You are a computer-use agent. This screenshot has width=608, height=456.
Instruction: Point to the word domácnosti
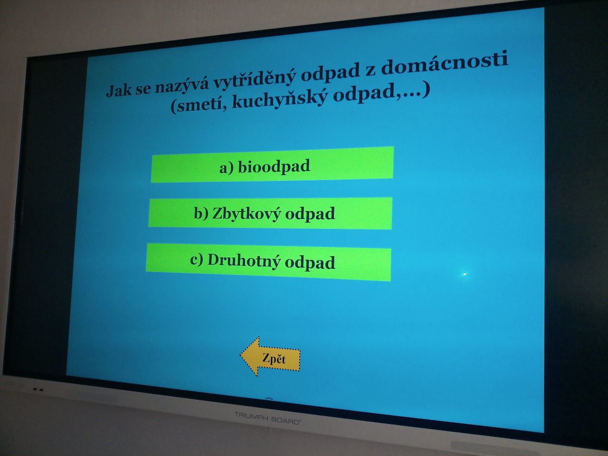click(x=444, y=65)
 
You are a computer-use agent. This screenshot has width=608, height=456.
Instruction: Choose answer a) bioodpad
click(x=272, y=164)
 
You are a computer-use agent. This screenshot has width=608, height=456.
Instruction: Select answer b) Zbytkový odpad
click(x=270, y=213)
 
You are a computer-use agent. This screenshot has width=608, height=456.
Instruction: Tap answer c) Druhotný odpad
click(x=268, y=262)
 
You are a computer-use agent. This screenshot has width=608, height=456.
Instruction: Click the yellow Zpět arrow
click(x=270, y=357)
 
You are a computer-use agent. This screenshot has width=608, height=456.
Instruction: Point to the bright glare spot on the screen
click(x=465, y=274)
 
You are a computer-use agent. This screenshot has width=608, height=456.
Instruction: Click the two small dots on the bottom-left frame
click(x=38, y=389)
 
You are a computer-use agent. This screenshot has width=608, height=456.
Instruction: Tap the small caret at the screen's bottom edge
click(x=269, y=399)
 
